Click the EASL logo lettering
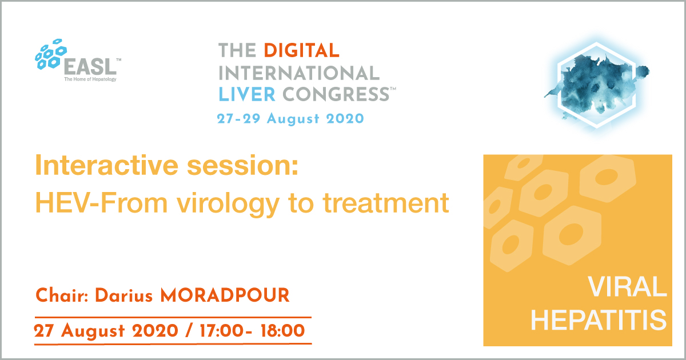pyautogui.click(x=90, y=66)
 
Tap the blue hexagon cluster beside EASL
pyautogui.click(x=51, y=54)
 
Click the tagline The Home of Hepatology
pyautogui.click(x=90, y=79)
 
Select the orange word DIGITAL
pyautogui.click(x=301, y=50)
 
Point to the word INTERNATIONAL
pyautogui.click(x=299, y=73)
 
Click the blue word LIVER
pyautogui.click(x=247, y=94)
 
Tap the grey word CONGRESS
pyautogui.click(x=336, y=94)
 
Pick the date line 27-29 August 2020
pyautogui.click(x=290, y=119)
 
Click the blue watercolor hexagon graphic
pyautogui.click(x=597, y=86)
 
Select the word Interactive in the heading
pyautogui.click(x=107, y=165)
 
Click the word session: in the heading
pyautogui.click(x=242, y=166)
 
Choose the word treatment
pyautogui.click(x=386, y=203)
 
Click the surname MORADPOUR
pyautogui.click(x=225, y=295)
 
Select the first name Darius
pyautogui.click(x=124, y=295)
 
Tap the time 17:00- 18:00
pyautogui.click(x=252, y=331)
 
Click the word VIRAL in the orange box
pyautogui.click(x=628, y=287)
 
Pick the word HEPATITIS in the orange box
pyautogui.click(x=599, y=319)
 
